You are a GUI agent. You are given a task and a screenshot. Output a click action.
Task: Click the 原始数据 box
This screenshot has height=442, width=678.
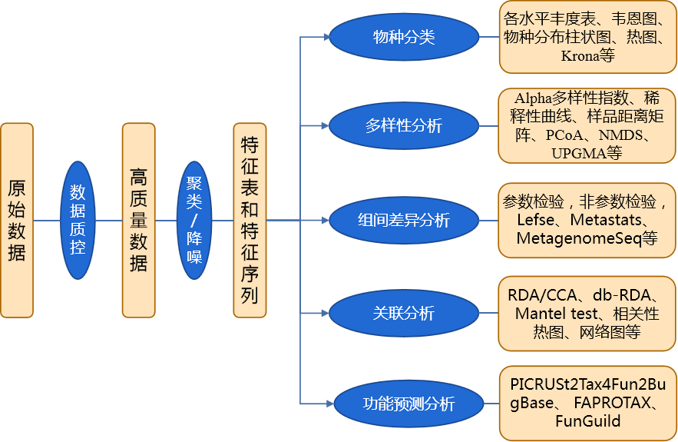[17, 220]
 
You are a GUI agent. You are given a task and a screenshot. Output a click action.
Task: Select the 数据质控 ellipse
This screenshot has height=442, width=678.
[78, 220]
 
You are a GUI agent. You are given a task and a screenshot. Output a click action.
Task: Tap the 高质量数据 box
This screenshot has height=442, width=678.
[139, 220]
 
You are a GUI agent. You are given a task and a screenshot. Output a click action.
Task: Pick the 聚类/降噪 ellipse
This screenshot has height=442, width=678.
[194, 220]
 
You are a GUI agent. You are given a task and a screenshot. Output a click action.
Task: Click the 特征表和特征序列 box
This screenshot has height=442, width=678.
[250, 220]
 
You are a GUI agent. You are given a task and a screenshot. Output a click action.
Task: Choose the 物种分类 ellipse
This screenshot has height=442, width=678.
[403, 37]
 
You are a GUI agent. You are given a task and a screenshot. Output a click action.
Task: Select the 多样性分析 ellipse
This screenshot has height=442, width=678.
[403, 125]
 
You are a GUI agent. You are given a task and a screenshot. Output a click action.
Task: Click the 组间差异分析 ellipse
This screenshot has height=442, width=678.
[403, 221]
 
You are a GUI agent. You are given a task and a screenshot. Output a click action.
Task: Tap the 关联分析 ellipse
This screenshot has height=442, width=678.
[403, 313]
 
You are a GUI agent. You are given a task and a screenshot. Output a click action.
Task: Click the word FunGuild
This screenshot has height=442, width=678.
[587, 421]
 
